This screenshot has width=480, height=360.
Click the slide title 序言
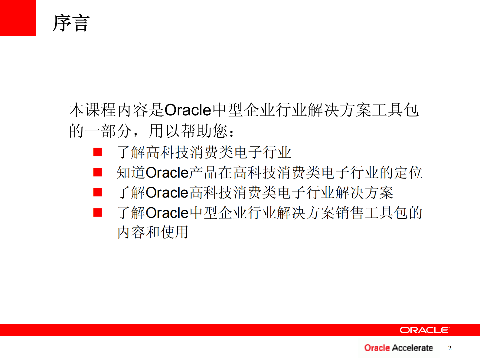71,23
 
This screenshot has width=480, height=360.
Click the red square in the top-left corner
18,18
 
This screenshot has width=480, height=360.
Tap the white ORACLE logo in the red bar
424,330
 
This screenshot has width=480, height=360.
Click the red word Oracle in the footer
377,348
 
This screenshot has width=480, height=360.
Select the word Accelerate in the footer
412,348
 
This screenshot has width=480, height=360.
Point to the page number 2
450,348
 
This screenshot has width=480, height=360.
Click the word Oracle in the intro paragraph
188,110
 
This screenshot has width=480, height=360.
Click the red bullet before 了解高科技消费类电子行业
97,152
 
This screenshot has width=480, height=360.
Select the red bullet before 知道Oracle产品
97,172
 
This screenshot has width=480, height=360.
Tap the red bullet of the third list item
97,192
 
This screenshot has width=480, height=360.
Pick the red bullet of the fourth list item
97,212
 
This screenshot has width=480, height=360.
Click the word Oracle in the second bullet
167,173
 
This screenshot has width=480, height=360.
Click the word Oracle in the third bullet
167,193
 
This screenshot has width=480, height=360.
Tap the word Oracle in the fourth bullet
167,213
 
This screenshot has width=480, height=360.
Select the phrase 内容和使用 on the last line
153,232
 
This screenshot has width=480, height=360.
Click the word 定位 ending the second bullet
408,173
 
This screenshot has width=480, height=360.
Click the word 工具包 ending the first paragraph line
395,110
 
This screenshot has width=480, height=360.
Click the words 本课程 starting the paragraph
92,110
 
